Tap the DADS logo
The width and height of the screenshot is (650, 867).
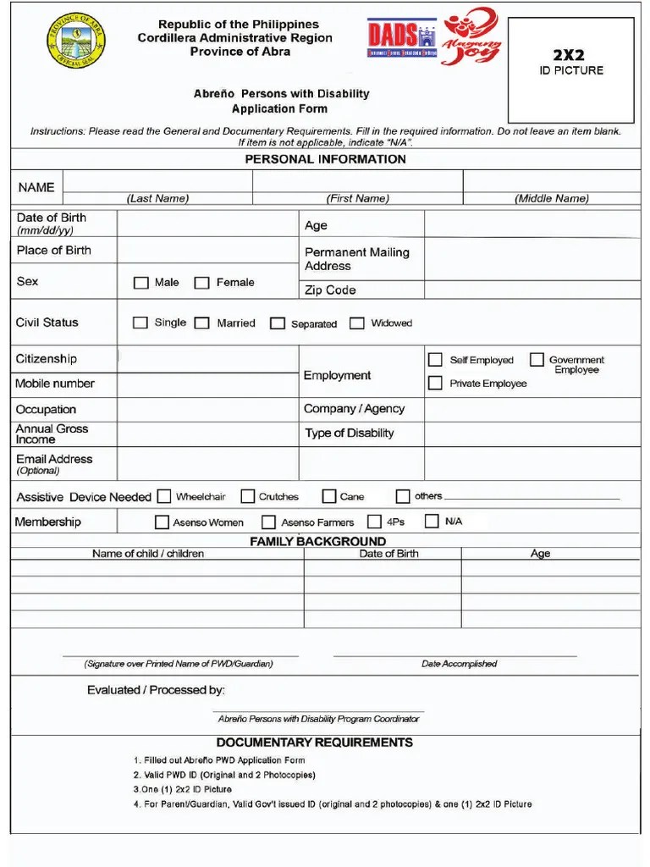401,39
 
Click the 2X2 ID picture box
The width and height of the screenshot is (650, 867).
571,70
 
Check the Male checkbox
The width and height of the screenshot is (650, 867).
141,283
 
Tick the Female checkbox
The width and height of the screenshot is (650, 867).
202,283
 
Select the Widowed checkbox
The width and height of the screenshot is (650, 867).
357,323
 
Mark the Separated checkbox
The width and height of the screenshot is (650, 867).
278,323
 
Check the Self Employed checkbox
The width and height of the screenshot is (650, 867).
435,360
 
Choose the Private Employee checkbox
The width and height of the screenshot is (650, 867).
435,384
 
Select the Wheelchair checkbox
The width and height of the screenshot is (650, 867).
164,496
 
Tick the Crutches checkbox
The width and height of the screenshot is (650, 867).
248,496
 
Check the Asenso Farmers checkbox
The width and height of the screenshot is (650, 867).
269,522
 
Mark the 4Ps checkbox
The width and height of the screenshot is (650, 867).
374,522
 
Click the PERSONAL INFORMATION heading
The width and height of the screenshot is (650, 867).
325,159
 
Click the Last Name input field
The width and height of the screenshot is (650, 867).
157,182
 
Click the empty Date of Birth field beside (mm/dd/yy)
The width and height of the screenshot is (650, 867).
207,224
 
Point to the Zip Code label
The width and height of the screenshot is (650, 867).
330,290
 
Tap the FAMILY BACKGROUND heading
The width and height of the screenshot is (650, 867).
317,541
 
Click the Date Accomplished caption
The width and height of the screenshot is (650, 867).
459,664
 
